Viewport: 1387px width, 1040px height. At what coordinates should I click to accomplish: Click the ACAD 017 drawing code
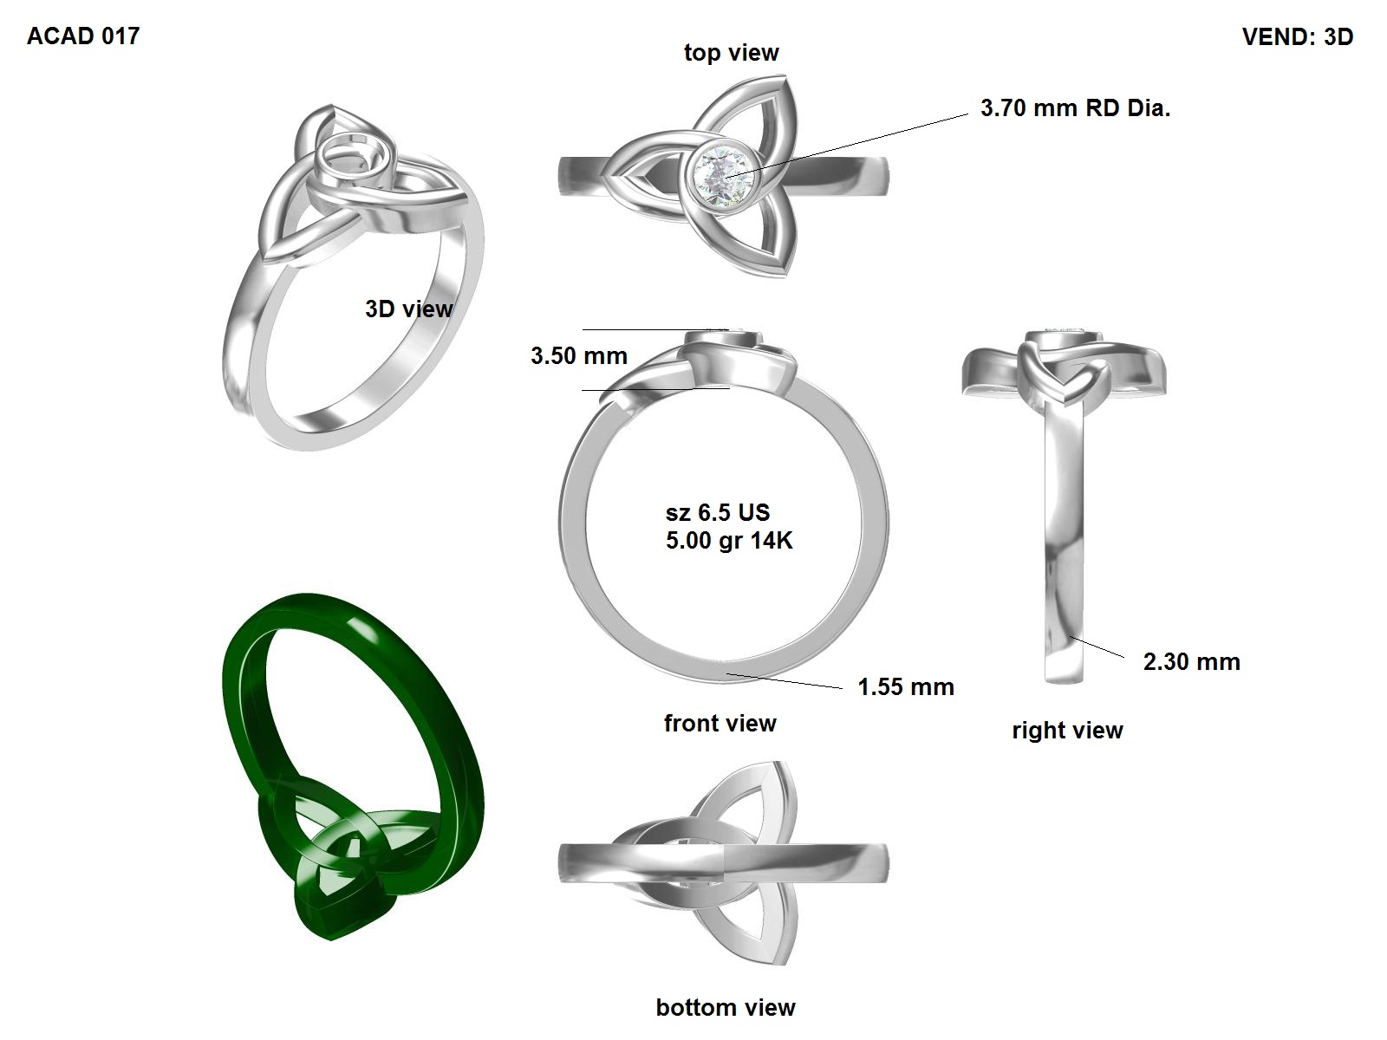pyautogui.click(x=82, y=36)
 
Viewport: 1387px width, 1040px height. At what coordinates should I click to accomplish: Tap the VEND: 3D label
pyautogui.click(x=1297, y=36)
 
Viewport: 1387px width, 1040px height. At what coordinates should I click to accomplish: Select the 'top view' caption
pyautogui.click(x=731, y=52)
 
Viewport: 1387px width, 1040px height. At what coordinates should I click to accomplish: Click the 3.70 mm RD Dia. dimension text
pyautogui.click(x=1075, y=108)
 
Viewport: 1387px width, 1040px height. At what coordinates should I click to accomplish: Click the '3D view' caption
pyautogui.click(x=409, y=309)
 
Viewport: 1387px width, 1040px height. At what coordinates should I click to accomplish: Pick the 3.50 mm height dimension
pyautogui.click(x=579, y=356)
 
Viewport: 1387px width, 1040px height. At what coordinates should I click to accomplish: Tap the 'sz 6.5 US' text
pyautogui.click(x=717, y=512)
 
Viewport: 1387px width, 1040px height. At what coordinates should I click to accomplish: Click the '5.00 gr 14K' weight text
pyautogui.click(x=728, y=541)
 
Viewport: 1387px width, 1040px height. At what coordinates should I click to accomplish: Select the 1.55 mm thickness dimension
pyautogui.click(x=906, y=687)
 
